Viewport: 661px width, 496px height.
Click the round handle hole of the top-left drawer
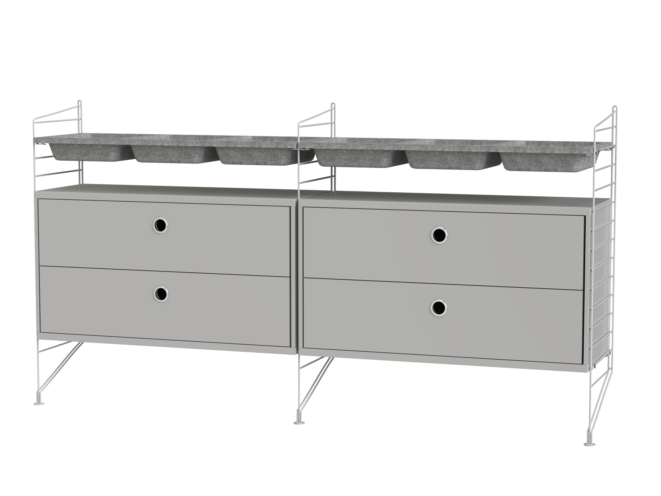tap(161, 225)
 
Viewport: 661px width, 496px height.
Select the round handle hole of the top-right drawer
tap(439, 235)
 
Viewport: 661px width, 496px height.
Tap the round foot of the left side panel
tap(40, 404)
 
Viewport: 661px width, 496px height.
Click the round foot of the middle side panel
tap(299, 423)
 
